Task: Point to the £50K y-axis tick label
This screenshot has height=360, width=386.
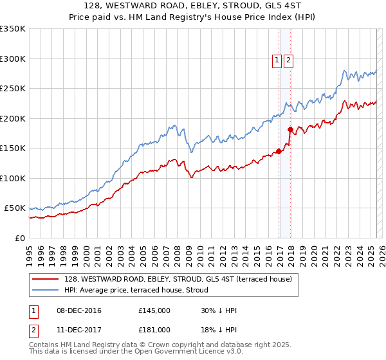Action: tap(15, 208)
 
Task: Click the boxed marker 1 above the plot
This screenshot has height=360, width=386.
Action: tap(276, 61)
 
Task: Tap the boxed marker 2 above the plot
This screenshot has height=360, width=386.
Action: tap(288, 61)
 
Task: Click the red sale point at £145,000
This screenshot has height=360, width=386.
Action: tap(279, 152)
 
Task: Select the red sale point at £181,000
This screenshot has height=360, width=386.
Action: tap(290, 130)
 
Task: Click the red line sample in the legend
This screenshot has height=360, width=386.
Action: tap(46, 279)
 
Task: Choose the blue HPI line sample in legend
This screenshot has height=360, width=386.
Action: tap(46, 290)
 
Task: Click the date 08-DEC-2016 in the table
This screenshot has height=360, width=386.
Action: tap(78, 310)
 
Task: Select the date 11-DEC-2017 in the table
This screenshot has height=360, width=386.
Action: tap(78, 330)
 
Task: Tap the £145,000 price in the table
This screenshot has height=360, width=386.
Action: tap(154, 310)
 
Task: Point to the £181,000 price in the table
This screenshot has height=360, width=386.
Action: tap(154, 330)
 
